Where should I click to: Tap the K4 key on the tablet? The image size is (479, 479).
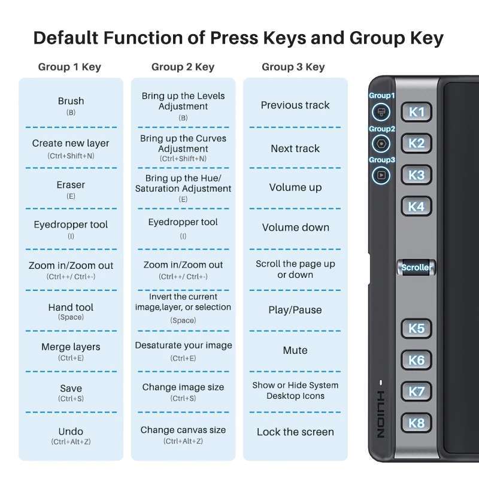tap(416, 207)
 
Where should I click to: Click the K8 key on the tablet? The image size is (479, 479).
tap(416, 423)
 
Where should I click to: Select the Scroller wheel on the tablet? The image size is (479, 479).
tap(416, 267)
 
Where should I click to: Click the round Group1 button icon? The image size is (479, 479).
tap(381, 112)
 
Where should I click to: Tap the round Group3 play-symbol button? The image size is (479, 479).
tap(381, 175)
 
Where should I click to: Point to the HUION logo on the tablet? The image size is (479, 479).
tap(381, 414)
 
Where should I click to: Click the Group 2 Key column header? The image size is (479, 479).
tap(183, 67)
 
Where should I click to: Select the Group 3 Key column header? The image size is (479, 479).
tap(293, 67)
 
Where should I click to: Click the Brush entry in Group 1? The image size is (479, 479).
tap(71, 106)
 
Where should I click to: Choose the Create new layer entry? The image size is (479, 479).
tap(71, 148)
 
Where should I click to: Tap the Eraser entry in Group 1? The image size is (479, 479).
tap(71, 190)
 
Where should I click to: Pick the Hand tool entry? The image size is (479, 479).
tap(71, 311)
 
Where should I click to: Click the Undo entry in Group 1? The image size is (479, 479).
tap(71, 436)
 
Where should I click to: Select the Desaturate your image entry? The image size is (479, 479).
tap(183, 351)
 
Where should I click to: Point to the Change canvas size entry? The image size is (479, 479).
tap(183, 435)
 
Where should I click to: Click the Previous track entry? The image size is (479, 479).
tap(295, 105)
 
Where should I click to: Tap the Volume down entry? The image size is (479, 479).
tap(295, 228)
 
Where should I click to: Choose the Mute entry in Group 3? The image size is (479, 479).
tap(295, 350)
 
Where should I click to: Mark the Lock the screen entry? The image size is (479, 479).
tap(295, 432)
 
